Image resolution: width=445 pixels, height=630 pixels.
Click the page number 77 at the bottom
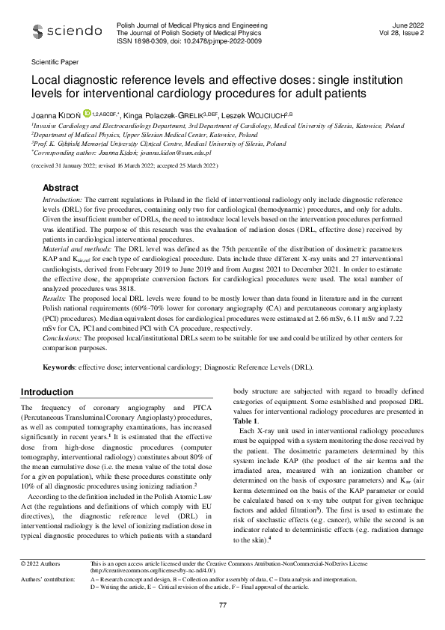tap(222, 604)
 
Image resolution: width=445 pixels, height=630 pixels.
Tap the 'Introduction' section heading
tap(46, 392)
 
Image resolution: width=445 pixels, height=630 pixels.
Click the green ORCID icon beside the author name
tap(87, 114)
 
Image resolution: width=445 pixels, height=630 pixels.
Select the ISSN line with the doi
tap(190, 41)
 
